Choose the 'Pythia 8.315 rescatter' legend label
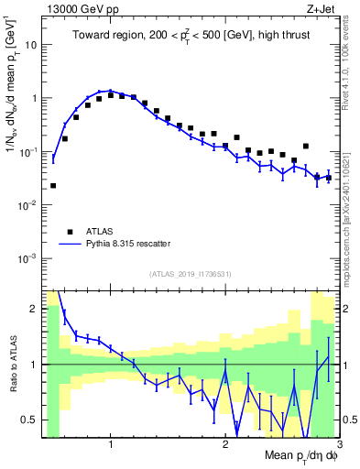click(x=125, y=244)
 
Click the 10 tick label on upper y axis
click(x=31, y=44)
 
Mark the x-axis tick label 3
click(x=339, y=443)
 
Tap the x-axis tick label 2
click(x=225, y=443)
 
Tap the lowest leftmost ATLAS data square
click(x=53, y=186)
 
